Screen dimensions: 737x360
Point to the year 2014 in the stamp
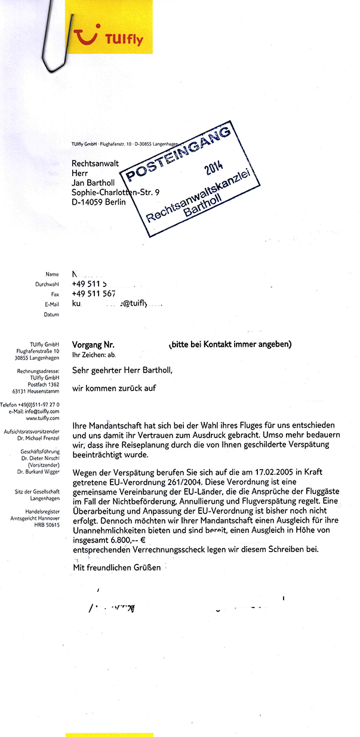click(214, 170)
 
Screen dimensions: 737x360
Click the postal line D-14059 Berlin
click(99, 202)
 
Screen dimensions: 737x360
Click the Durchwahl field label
click(47, 285)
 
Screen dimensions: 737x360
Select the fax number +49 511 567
click(94, 294)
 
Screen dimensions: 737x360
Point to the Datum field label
click(51, 314)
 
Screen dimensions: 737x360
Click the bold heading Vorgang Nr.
click(93, 344)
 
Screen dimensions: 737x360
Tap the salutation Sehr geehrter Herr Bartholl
click(122, 370)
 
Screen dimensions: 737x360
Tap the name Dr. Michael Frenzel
click(41, 437)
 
